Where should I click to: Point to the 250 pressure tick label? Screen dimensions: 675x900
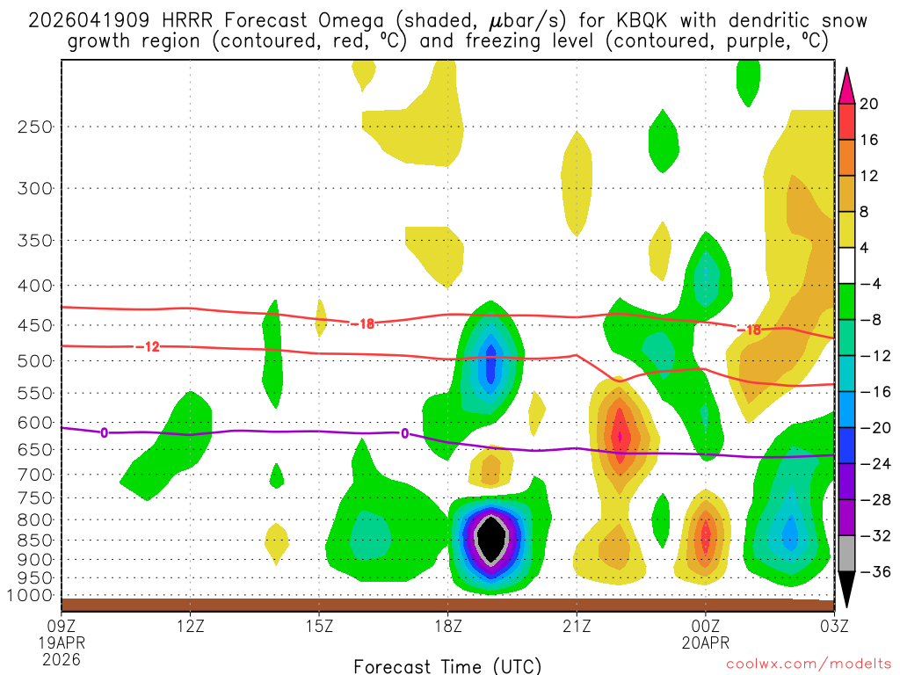[x=33, y=127]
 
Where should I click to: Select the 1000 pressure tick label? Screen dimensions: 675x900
[x=30, y=596]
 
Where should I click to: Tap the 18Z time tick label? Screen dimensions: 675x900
[x=448, y=628]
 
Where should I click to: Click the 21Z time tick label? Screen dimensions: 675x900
[x=577, y=628]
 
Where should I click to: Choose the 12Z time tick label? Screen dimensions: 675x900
[x=191, y=628]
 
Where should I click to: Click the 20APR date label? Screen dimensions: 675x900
[x=706, y=643]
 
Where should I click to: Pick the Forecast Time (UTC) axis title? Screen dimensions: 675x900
[x=447, y=665]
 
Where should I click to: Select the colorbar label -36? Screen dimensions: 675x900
[x=875, y=572]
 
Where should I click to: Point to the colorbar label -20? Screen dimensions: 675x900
[x=875, y=428]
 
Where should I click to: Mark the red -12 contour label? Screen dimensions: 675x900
[x=147, y=347]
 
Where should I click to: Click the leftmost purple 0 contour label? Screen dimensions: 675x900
[x=104, y=432]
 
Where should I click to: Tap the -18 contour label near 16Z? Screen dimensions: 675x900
[x=362, y=324]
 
